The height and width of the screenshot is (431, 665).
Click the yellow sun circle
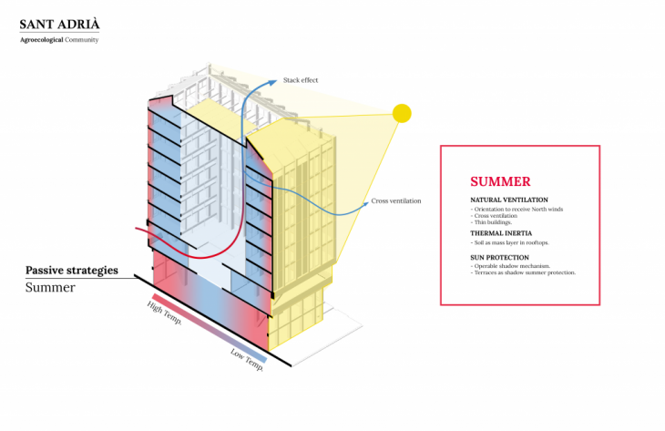coord(402,113)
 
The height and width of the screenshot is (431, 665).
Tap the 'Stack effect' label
coord(301,80)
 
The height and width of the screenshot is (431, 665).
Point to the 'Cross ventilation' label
coord(396,200)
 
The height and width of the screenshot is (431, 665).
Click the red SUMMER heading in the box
coord(500,181)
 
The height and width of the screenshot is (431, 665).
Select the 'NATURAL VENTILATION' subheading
coord(509,200)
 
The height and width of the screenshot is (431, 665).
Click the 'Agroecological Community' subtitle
coord(59,40)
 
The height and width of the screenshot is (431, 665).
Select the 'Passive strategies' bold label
coord(71,270)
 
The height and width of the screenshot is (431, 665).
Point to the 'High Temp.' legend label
coord(164,313)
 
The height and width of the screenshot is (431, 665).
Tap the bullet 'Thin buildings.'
coord(493,222)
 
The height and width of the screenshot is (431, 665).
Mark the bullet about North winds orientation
coord(517,210)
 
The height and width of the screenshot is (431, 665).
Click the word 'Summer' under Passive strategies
coord(50,288)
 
